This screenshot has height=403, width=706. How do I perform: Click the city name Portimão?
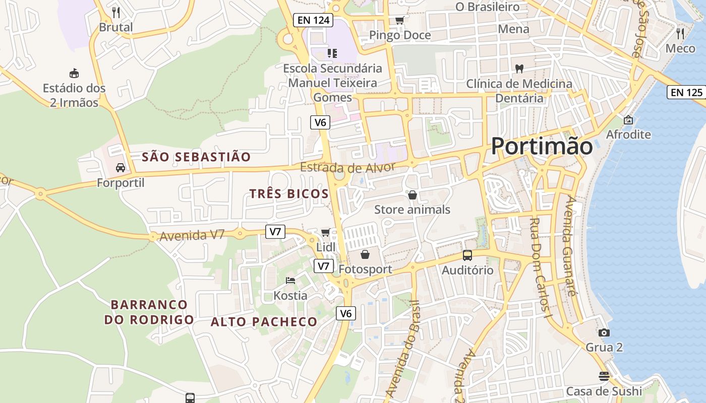click(x=542, y=146)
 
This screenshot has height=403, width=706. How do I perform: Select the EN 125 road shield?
click(x=687, y=92)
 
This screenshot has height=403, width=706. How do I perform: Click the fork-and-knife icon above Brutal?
click(x=116, y=12)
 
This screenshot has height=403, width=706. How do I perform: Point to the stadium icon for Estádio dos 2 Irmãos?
click(x=74, y=74)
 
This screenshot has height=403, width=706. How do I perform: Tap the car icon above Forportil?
click(x=121, y=168)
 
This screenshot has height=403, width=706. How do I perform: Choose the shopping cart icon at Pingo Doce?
click(x=399, y=21)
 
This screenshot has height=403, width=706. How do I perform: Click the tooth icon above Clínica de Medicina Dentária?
click(x=519, y=69)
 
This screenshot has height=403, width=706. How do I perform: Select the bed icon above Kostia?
click(x=290, y=281)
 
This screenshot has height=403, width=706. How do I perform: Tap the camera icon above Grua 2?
click(x=604, y=332)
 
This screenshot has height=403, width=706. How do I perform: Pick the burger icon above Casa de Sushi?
click(x=604, y=376)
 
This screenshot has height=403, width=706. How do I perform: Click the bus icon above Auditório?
click(x=467, y=255)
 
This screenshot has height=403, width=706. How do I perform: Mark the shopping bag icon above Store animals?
click(x=413, y=195)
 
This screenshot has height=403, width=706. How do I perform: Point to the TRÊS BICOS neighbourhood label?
click(x=289, y=194)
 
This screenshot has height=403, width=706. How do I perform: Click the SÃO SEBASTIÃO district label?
click(x=196, y=157)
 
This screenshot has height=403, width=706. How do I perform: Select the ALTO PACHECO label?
click(x=264, y=322)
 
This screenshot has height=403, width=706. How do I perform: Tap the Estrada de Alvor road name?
click(x=347, y=167)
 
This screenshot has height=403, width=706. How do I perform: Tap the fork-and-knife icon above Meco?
click(x=680, y=34)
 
